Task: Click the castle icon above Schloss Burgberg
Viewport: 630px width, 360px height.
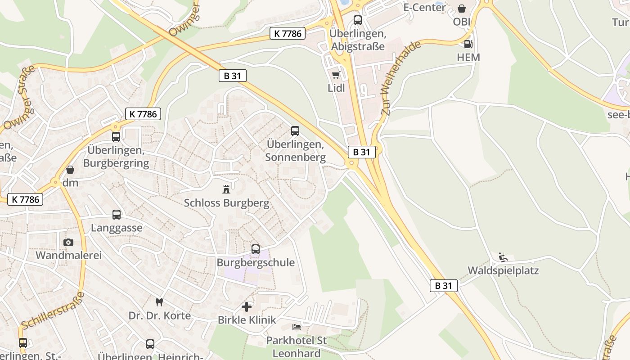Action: click(x=226, y=189)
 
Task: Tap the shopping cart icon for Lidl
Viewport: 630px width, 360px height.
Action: click(x=336, y=75)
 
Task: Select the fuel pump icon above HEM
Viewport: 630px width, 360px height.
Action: click(x=468, y=44)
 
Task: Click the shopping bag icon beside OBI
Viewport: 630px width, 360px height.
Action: click(x=461, y=9)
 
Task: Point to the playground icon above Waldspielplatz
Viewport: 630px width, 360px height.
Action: click(x=503, y=257)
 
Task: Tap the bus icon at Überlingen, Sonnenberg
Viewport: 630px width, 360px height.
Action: click(x=295, y=131)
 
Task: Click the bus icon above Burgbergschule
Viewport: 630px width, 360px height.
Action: click(x=256, y=249)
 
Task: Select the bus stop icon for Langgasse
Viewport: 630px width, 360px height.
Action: click(x=117, y=215)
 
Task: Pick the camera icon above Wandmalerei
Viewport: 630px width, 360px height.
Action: click(x=68, y=242)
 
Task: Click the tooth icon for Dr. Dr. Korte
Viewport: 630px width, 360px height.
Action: click(x=158, y=302)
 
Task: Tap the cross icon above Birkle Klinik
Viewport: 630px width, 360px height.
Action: click(x=247, y=307)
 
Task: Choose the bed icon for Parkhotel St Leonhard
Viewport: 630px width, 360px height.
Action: click(x=296, y=327)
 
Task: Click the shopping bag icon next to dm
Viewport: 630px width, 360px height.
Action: click(x=70, y=170)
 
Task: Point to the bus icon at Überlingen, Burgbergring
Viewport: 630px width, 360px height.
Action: click(x=116, y=136)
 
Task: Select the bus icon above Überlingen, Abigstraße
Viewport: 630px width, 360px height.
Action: click(x=358, y=20)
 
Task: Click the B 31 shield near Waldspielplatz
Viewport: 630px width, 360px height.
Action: click(x=444, y=285)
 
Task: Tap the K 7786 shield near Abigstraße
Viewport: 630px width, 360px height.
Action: click(x=288, y=33)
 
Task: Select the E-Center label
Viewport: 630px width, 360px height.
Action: click(x=424, y=7)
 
